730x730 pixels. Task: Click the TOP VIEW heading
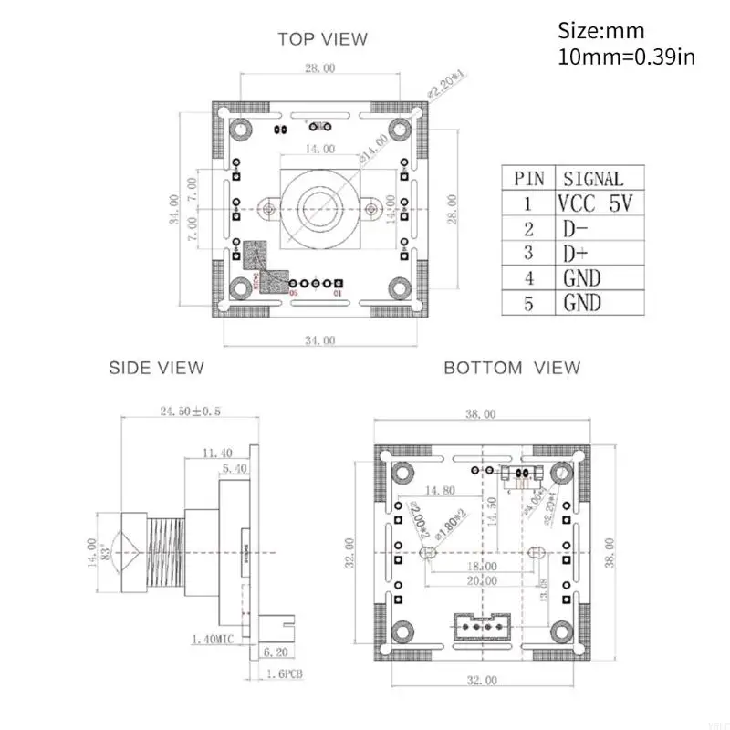(322, 39)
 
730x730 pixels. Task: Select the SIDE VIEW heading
(156, 368)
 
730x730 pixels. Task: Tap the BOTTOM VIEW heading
(511, 368)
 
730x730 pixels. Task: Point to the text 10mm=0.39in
(626, 57)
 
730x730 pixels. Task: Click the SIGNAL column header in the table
(593, 179)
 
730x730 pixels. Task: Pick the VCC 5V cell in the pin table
(594, 203)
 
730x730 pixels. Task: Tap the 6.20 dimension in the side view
(274, 652)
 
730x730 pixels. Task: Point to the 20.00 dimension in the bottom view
(481, 580)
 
